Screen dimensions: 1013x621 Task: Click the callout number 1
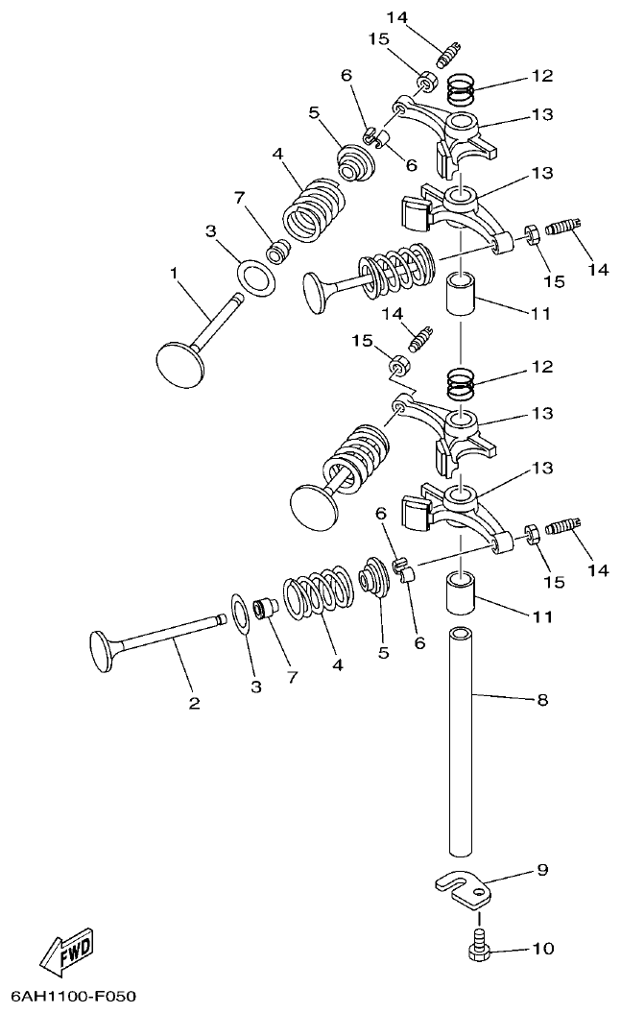click(175, 274)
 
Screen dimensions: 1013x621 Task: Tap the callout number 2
click(194, 703)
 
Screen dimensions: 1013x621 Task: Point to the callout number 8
click(542, 701)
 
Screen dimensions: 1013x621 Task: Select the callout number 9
click(542, 870)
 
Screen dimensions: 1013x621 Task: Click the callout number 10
click(542, 949)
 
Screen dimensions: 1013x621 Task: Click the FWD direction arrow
click(66, 948)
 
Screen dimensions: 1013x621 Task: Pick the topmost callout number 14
click(397, 17)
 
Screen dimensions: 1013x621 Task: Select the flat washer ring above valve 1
click(256, 277)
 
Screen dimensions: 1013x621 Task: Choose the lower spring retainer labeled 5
click(375, 582)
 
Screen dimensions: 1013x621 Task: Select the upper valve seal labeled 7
click(279, 252)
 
